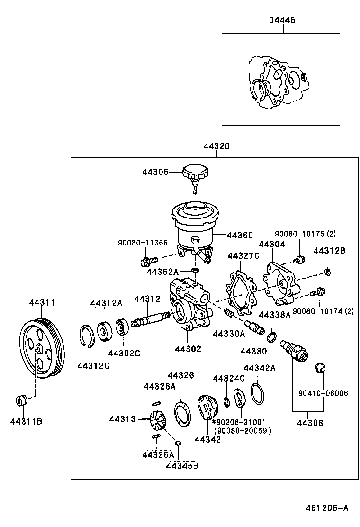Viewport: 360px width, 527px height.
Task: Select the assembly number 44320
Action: [216, 147]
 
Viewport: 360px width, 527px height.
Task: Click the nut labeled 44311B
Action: [21, 400]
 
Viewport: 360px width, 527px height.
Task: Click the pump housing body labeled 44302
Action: [187, 308]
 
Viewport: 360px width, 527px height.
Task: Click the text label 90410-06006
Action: [323, 393]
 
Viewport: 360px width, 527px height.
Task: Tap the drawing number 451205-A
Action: [326, 508]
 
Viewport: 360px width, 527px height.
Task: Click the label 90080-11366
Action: [143, 243]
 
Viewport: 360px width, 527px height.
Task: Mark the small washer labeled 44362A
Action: [195, 270]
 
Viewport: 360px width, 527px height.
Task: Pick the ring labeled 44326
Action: [180, 411]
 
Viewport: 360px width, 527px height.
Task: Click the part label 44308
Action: [310, 423]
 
